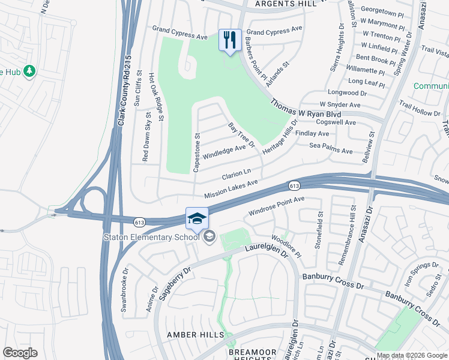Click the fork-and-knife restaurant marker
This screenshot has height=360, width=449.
[x=230, y=40]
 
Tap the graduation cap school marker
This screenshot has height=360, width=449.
[x=197, y=219]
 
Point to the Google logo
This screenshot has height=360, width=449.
[x=20, y=353]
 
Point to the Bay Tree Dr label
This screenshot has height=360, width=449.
[x=242, y=136]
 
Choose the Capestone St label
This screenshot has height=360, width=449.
[x=196, y=152]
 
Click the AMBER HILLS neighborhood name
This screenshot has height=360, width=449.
[x=196, y=335]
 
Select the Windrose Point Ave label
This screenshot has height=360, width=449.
[x=277, y=206]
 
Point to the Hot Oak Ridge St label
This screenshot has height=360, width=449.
[x=160, y=96]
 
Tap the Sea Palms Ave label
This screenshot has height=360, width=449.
[x=331, y=151]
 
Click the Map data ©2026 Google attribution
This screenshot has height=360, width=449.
[x=412, y=355]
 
